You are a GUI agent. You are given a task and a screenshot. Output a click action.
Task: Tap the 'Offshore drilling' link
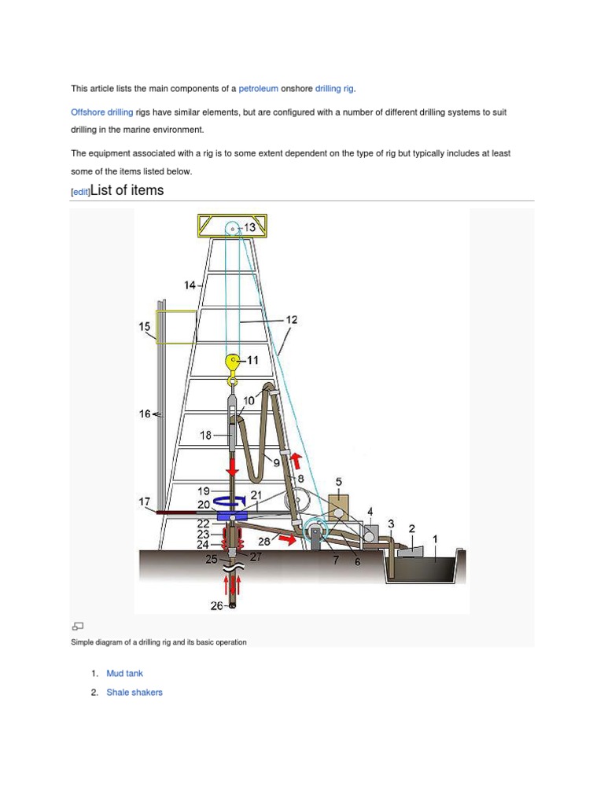coord(101,112)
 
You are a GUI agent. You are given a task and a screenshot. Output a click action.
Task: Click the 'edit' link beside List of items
coord(80,192)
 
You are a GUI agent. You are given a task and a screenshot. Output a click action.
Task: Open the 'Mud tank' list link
coord(124,674)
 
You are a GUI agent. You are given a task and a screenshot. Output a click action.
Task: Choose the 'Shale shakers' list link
coord(134,693)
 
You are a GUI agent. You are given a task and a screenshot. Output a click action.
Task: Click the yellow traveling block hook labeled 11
coord(233,363)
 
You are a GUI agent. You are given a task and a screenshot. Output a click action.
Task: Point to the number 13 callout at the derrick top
coord(250,227)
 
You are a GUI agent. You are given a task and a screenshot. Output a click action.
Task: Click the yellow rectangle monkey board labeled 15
coord(176,327)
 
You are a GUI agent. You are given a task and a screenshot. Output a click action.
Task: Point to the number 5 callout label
coord(338,482)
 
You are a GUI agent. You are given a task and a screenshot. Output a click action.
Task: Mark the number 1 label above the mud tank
coord(437,538)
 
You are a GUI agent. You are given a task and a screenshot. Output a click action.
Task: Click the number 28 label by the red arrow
coord(265,542)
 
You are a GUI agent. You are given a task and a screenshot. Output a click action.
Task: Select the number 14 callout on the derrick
coord(190,285)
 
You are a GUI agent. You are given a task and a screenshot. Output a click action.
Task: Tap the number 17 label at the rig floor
coord(145,501)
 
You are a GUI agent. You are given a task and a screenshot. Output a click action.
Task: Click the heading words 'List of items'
coord(127,190)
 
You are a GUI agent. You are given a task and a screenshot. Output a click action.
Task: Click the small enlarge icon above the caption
coord(77,626)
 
